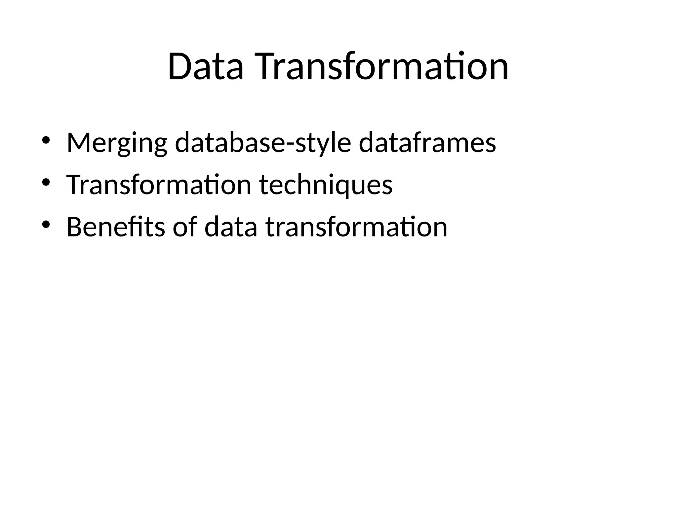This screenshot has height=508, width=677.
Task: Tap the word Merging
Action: click(117, 143)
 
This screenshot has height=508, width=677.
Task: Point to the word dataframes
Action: click(427, 143)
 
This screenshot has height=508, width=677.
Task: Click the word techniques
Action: click(326, 185)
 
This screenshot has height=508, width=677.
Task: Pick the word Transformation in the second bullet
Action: click(159, 185)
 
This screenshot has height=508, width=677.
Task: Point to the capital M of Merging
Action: click(78, 143)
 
